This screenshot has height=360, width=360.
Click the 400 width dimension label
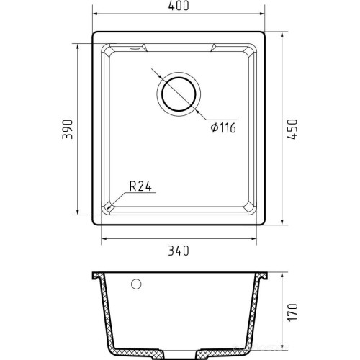pyautogui.click(x=179, y=6)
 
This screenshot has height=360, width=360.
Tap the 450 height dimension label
pyautogui.click(x=292, y=129)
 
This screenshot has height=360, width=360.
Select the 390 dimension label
pyautogui.click(x=67, y=129)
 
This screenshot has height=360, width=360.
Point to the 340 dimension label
pyautogui.click(x=179, y=251)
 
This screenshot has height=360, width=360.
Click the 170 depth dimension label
pyautogui.click(x=293, y=312)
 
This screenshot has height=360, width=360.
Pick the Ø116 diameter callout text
pyautogui.click(x=223, y=127)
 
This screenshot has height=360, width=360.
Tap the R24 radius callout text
pyautogui.click(x=140, y=186)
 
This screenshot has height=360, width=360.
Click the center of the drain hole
pyautogui.click(x=179, y=94)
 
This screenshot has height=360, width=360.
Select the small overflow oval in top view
pyautogui.click(x=135, y=48)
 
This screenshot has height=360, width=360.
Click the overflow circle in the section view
pyautogui.click(x=136, y=284)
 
